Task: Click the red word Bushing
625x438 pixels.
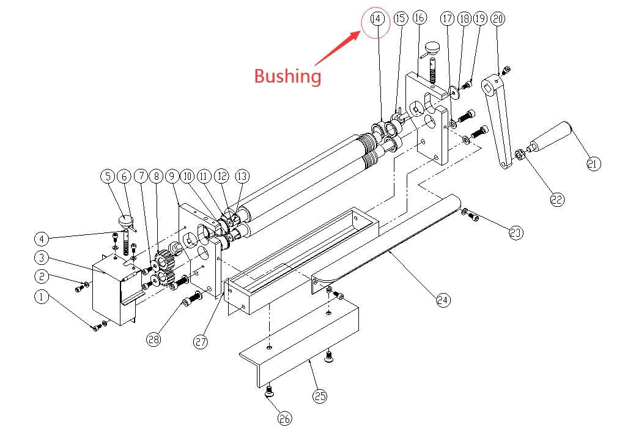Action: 287,76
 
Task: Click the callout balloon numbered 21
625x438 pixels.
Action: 593,163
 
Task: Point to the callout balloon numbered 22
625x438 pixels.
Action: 556,199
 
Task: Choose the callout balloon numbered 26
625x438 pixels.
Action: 284,418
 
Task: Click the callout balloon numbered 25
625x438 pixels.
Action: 320,396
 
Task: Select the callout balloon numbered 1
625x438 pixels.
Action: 41,297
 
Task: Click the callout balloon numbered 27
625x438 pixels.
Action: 201,342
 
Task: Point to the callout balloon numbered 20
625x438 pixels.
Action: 498,19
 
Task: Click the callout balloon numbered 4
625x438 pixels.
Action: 41,237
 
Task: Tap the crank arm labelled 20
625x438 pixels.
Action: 499,122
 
